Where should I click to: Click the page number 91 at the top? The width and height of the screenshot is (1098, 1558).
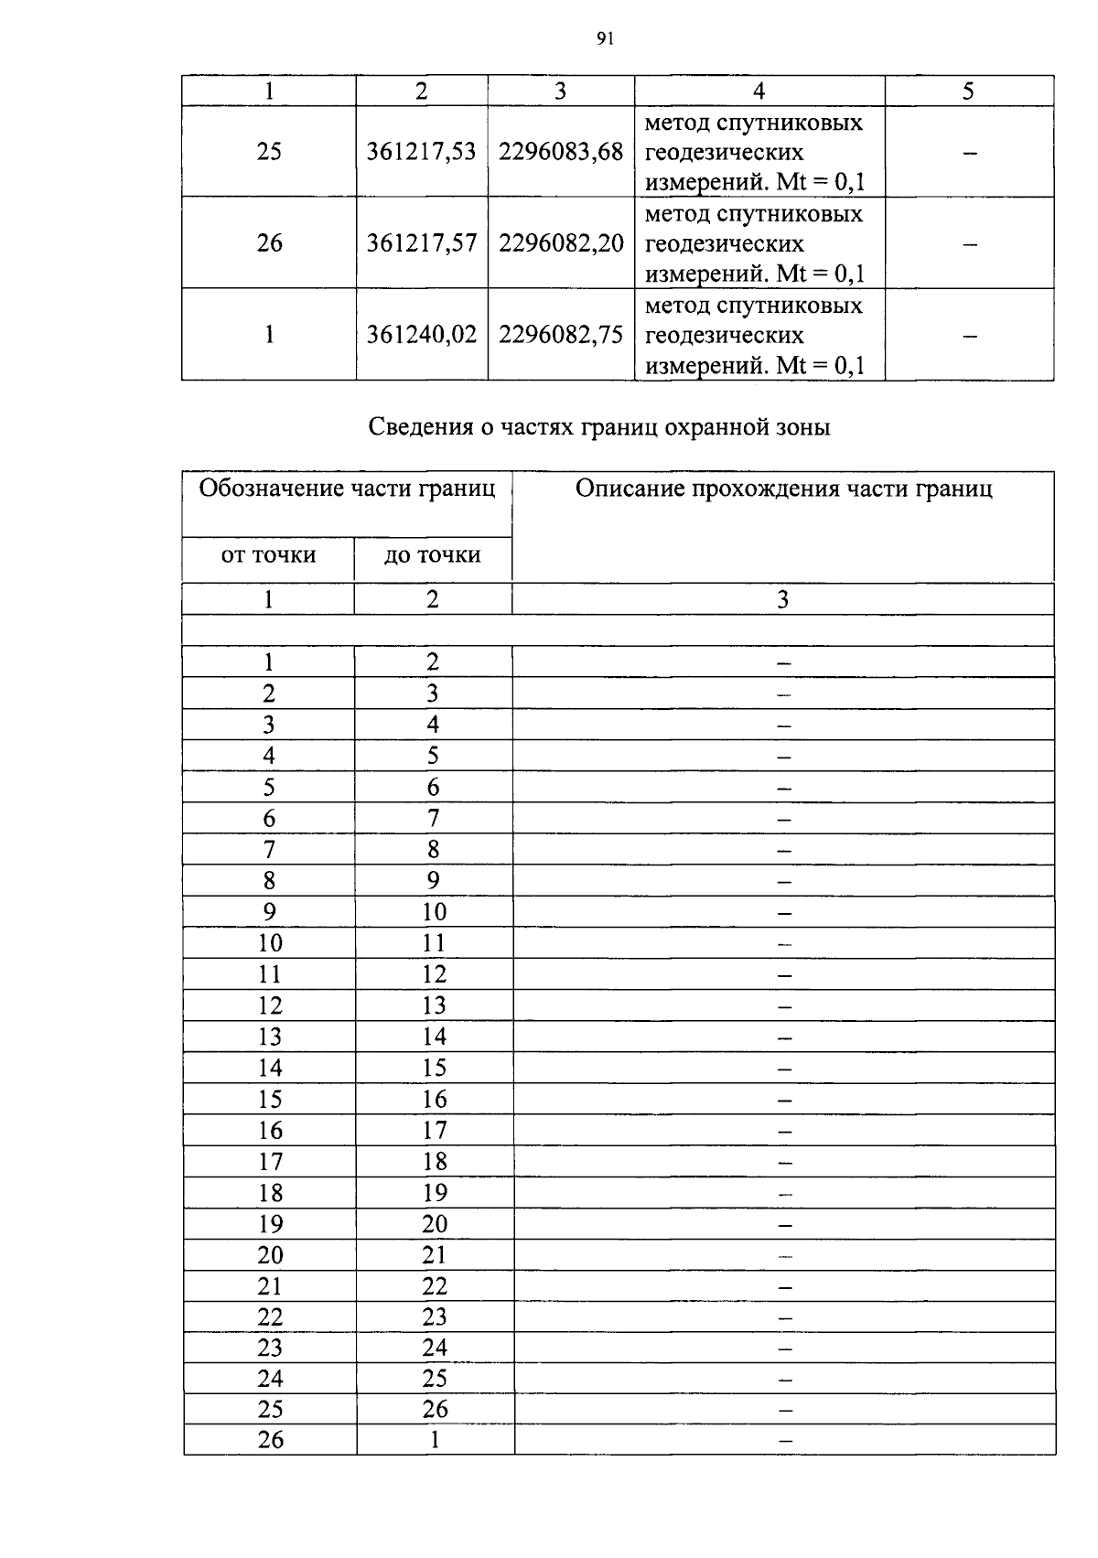coord(604,38)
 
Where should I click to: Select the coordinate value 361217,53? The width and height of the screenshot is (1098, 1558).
coord(421,152)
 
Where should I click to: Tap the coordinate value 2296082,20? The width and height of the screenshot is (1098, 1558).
coord(561,243)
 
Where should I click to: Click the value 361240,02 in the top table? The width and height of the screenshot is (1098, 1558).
coord(421,335)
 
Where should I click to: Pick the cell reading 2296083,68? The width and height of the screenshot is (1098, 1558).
coord(561,152)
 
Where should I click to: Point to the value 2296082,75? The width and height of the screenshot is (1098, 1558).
coord(561,335)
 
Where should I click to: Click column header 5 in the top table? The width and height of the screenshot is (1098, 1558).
coord(969,91)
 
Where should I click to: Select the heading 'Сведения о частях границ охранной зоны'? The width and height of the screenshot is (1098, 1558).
coord(599,427)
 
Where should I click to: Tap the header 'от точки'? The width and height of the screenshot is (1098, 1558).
coord(269,555)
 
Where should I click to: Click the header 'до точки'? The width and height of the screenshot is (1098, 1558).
coord(432,555)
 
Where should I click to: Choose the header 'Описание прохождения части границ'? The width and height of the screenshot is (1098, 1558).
coord(783,489)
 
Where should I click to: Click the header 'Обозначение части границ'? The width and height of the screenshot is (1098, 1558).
coord(347,489)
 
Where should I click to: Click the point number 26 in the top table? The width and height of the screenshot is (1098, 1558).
coord(269,243)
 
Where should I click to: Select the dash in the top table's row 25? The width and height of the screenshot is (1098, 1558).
coord(970,153)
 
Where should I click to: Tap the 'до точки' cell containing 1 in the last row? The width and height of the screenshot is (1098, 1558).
coord(435,1440)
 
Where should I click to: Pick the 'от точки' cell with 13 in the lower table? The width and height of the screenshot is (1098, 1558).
coord(270,1037)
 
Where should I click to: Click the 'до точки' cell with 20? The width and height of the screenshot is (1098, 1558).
coord(435,1224)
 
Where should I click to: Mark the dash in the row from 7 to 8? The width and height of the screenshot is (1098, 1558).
coord(783,851)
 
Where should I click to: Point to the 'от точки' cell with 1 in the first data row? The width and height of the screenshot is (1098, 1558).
coord(268,662)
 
